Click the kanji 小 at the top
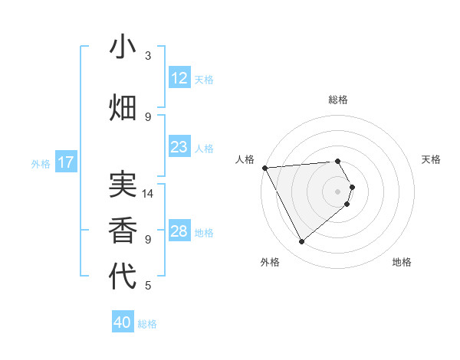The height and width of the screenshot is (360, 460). pyautogui.click(x=123, y=47)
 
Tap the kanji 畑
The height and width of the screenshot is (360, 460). pyautogui.click(x=123, y=108)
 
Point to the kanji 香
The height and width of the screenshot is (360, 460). pyautogui.click(x=123, y=230)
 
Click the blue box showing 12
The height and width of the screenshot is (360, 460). pyautogui.click(x=179, y=78)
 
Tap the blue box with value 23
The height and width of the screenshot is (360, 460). pyautogui.click(x=179, y=147)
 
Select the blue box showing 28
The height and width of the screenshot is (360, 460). pyautogui.click(x=179, y=231)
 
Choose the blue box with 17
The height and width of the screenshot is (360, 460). pyautogui.click(x=65, y=162)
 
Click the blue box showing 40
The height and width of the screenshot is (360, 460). pyautogui.click(x=123, y=322)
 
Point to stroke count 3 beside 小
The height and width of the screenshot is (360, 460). pyautogui.click(x=148, y=56)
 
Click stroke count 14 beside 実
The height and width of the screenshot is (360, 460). pyautogui.click(x=149, y=194)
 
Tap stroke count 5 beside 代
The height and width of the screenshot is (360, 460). pyautogui.click(x=148, y=286)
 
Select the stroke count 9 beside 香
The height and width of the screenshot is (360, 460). pyautogui.click(x=148, y=239)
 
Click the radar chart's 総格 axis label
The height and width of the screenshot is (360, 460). pyautogui.click(x=338, y=100)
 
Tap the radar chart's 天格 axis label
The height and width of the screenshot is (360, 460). pyautogui.click(x=432, y=159)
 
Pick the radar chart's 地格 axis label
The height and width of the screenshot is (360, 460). pyautogui.click(x=402, y=262)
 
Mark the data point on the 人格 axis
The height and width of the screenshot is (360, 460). pyautogui.click(x=264, y=168)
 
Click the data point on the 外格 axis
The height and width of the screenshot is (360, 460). pyautogui.click(x=301, y=242)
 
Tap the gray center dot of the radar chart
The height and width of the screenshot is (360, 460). pyautogui.click(x=338, y=191)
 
